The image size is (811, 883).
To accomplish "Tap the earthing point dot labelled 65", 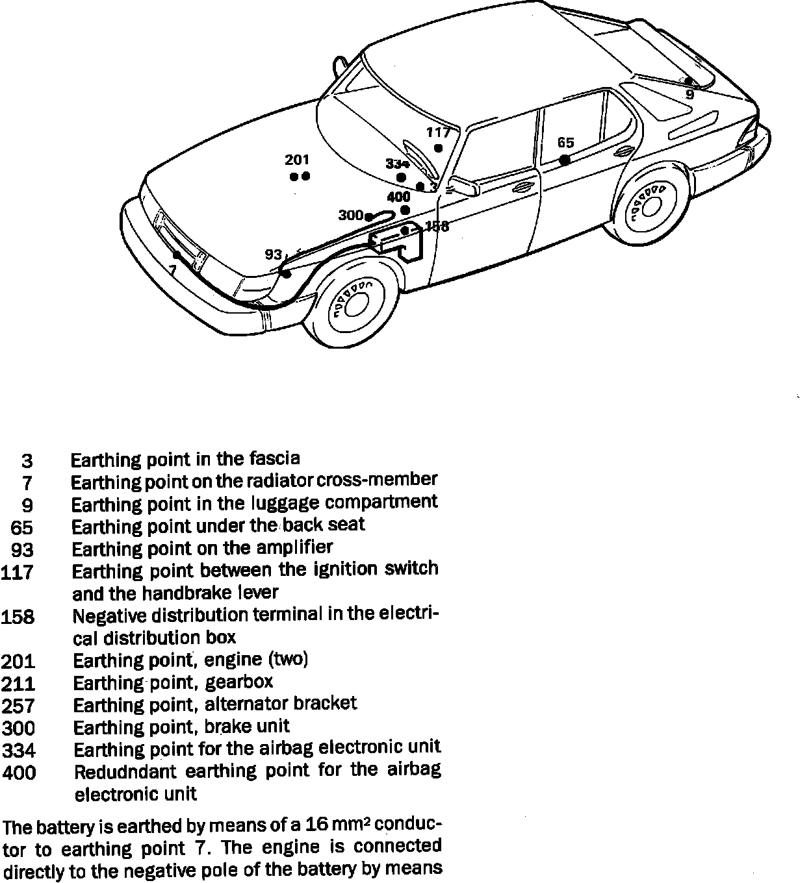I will click(x=565, y=159).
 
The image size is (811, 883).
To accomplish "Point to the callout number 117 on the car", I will click(x=439, y=132).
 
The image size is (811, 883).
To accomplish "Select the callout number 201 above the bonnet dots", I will click(x=297, y=160).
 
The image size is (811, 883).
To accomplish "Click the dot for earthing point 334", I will click(x=401, y=177).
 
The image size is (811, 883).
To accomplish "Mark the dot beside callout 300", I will click(x=368, y=217).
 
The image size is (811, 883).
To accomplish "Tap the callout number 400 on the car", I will click(x=398, y=197).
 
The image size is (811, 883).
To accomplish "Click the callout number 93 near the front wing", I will click(x=274, y=255).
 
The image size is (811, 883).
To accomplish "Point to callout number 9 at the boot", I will click(x=690, y=95).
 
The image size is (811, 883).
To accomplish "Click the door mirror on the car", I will click(x=465, y=186).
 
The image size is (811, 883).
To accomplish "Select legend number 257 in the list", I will click(x=18, y=706).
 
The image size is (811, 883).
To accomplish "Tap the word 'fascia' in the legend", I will click(x=275, y=458).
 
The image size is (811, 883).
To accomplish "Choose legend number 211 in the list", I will click(x=18, y=684).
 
